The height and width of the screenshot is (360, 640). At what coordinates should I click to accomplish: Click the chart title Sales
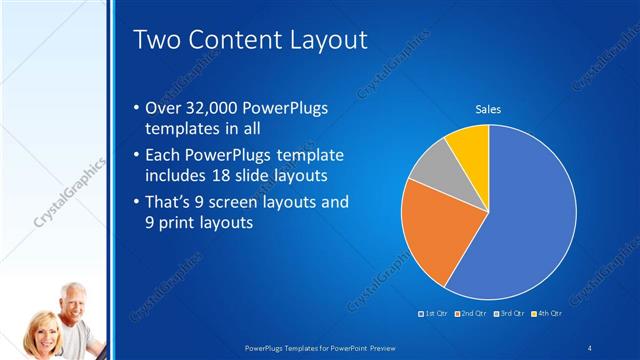click(x=487, y=109)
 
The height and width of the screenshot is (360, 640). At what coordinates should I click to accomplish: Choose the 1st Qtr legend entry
click(x=434, y=315)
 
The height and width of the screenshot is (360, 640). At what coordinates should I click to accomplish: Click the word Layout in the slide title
click(x=322, y=40)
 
